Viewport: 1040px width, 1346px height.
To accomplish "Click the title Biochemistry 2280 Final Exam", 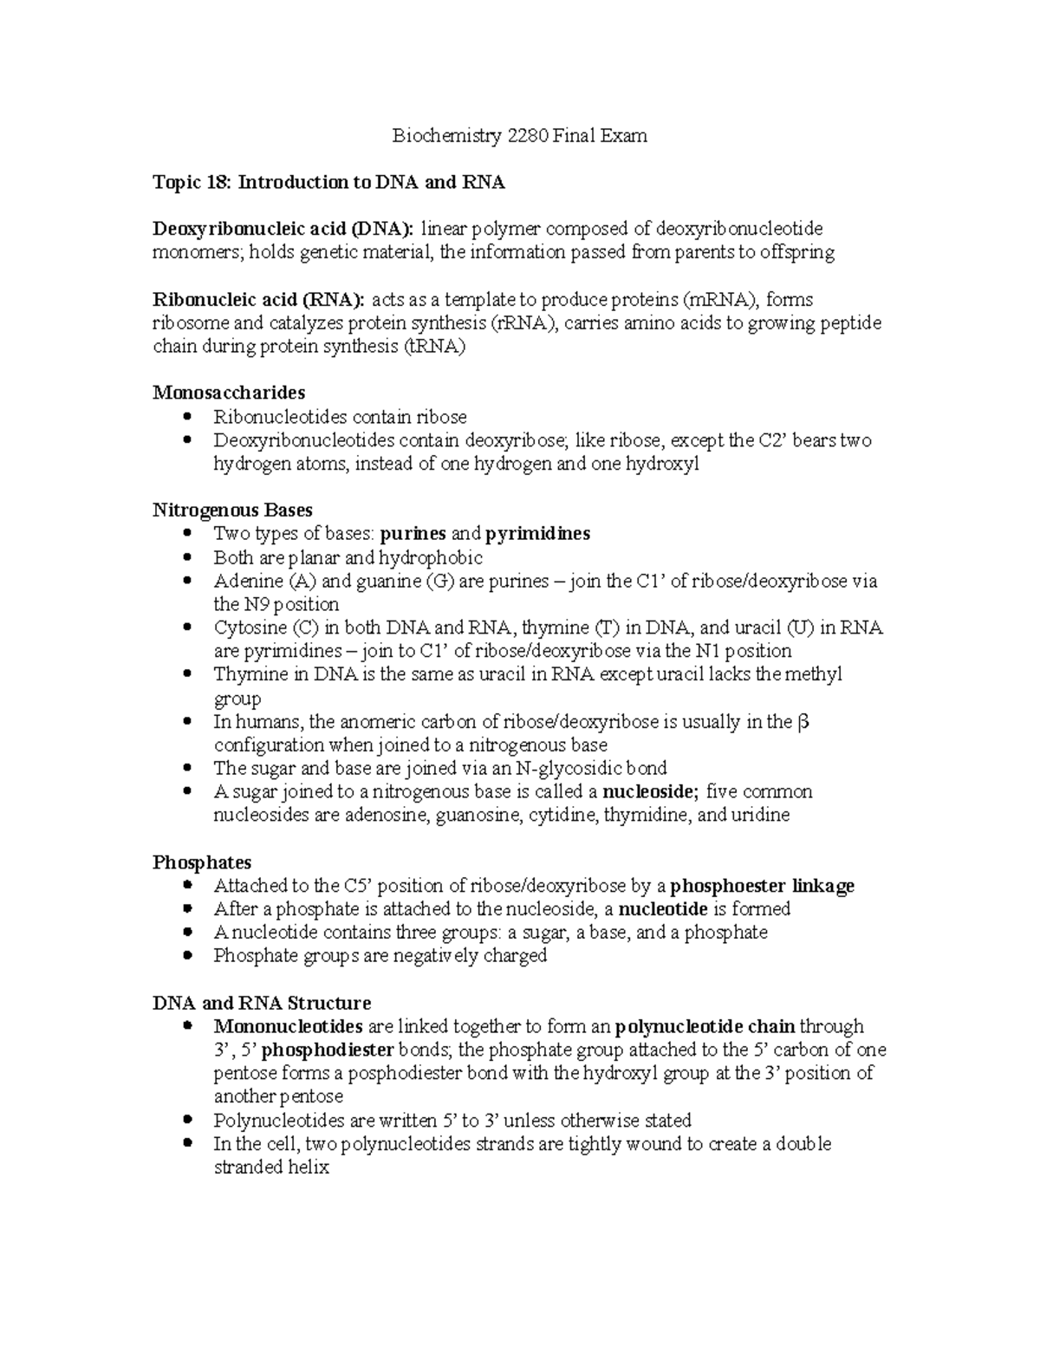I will [519, 135].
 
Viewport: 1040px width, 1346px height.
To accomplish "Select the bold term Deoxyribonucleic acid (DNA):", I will [283, 229].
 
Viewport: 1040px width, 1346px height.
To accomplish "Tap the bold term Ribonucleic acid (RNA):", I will [259, 300].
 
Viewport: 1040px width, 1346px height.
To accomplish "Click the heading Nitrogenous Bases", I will [232, 510].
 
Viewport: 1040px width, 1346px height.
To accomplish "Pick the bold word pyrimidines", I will [537, 534].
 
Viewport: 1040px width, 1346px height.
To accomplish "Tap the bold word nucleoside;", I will [650, 791].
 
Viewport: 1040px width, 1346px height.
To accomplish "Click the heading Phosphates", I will [202, 862].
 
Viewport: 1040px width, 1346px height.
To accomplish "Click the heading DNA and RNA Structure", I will [262, 1003].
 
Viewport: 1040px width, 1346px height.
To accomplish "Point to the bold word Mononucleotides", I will [288, 1027].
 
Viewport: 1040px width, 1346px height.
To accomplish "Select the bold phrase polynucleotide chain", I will [705, 1027].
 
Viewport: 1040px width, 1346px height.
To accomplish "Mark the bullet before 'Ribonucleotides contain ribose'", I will [187, 417].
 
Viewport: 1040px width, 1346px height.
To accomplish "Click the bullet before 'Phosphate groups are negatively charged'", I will [187, 956].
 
